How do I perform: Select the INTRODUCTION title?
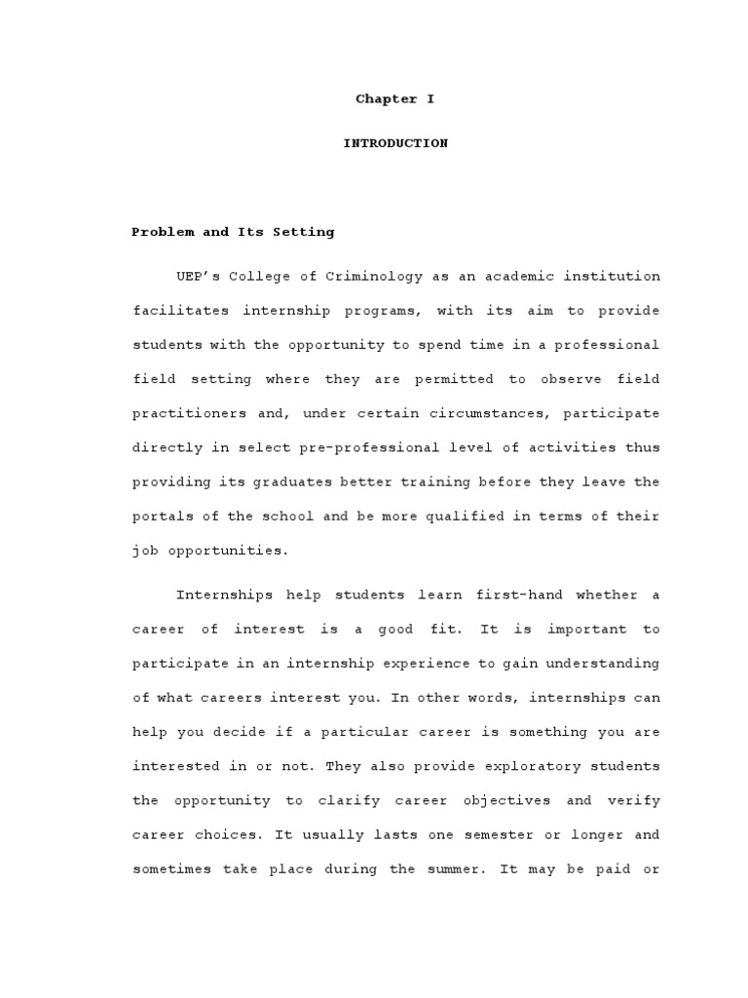(395, 143)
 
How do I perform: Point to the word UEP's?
(195, 276)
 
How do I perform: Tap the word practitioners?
(182, 413)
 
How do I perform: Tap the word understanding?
(604, 663)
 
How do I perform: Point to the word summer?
(455, 868)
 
